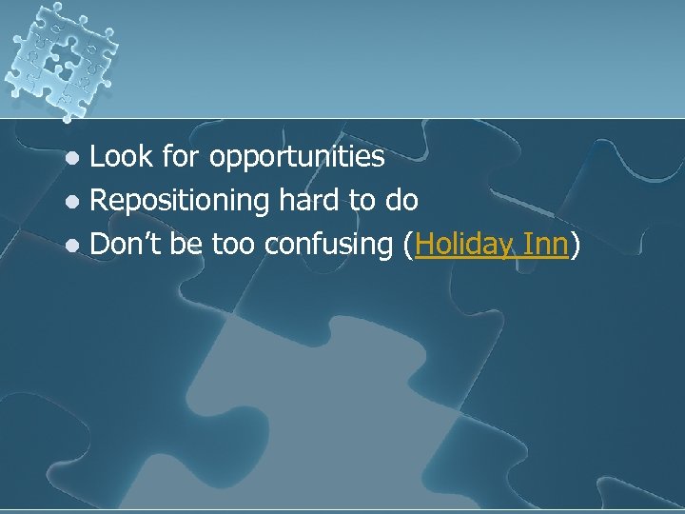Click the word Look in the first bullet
[120, 156]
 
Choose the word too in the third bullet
[231, 246]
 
